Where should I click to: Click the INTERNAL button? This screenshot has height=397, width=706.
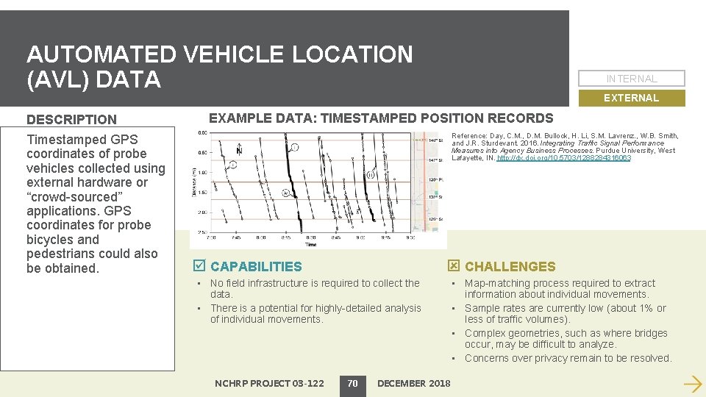631,79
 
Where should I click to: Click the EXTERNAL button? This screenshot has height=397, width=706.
631,98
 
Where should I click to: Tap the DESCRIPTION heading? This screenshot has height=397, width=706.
71,119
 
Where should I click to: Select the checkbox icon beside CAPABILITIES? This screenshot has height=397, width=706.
197,266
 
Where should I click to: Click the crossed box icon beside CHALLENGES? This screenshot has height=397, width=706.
454,266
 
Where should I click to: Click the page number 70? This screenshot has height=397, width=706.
352,383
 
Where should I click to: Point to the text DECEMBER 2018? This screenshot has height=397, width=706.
413,383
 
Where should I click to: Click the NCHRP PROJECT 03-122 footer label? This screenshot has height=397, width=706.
269,383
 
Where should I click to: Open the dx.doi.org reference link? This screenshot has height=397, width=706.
563,158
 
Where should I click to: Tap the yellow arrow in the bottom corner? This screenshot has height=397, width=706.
691,383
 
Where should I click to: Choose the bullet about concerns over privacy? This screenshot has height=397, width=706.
568,358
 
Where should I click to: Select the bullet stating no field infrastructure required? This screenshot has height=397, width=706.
315,288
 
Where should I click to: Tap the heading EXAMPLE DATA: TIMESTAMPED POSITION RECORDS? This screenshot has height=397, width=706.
381,118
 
